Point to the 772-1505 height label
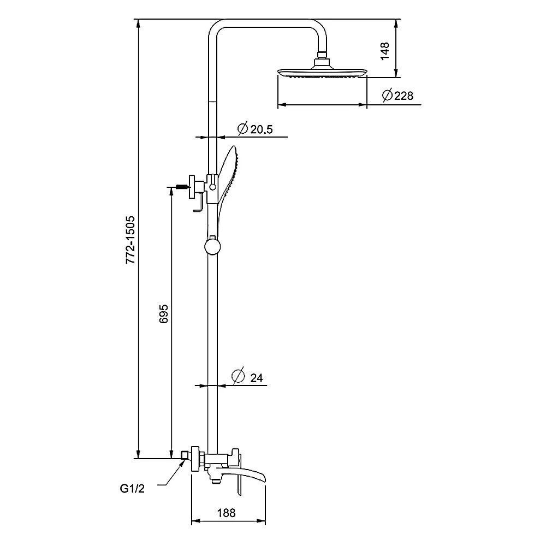(x=130, y=240)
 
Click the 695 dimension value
(x=163, y=316)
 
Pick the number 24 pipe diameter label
(x=256, y=377)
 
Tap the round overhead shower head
(x=322, y=73)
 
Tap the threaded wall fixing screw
(x=180, y=187)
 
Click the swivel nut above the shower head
(x=323, y=55)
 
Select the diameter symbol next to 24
(x=237, y=376)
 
